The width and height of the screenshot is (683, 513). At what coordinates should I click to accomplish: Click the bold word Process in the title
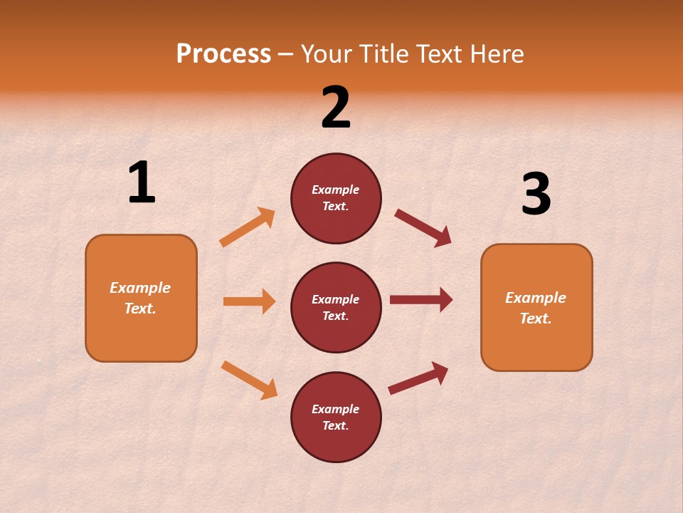pos(223,54)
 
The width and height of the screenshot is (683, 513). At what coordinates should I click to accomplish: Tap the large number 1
pos(142,183)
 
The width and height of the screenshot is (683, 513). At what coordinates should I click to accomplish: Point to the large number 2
pos(336,108)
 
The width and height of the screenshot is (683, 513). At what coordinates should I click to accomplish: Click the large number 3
pos(536,194)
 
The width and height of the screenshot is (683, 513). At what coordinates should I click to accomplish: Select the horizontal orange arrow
pos(249,301)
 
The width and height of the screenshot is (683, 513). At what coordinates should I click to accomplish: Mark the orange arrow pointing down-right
pos(249,380)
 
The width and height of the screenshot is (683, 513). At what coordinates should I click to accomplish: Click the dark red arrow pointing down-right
pos(423,228)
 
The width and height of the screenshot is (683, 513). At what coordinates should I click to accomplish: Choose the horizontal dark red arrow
pos(421,300)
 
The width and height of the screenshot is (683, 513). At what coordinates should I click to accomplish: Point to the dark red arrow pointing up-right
pos(418,378)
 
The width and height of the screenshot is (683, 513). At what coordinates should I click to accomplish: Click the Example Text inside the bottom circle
pos(336,418)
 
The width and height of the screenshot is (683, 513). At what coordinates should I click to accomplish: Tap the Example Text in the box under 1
pos(140,298)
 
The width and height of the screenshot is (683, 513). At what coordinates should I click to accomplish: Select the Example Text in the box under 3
pos(536,308)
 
